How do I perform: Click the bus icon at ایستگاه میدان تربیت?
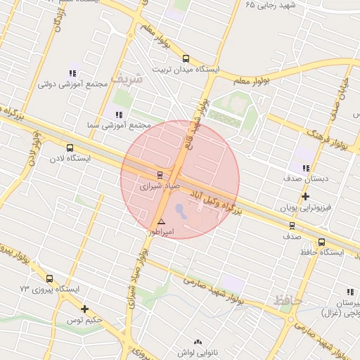[x=186, y=59]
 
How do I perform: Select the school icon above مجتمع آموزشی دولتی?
[x=72, y=72]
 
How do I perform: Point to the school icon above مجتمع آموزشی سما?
[x=118, y=115]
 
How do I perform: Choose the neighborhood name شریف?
[x=127, y=79]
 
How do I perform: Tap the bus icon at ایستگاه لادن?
[x=69, y=148]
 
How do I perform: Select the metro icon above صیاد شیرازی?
[x=160, y=175]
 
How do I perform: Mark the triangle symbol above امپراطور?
[x=161, y=221]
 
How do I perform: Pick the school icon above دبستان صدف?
[x=305, y=168]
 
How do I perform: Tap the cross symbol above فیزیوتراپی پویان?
[x=305, y=196]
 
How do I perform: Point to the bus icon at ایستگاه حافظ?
[x=321, y=243]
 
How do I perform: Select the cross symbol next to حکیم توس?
[x=85, y=309]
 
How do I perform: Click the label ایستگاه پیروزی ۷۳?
[x=45, y=289]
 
